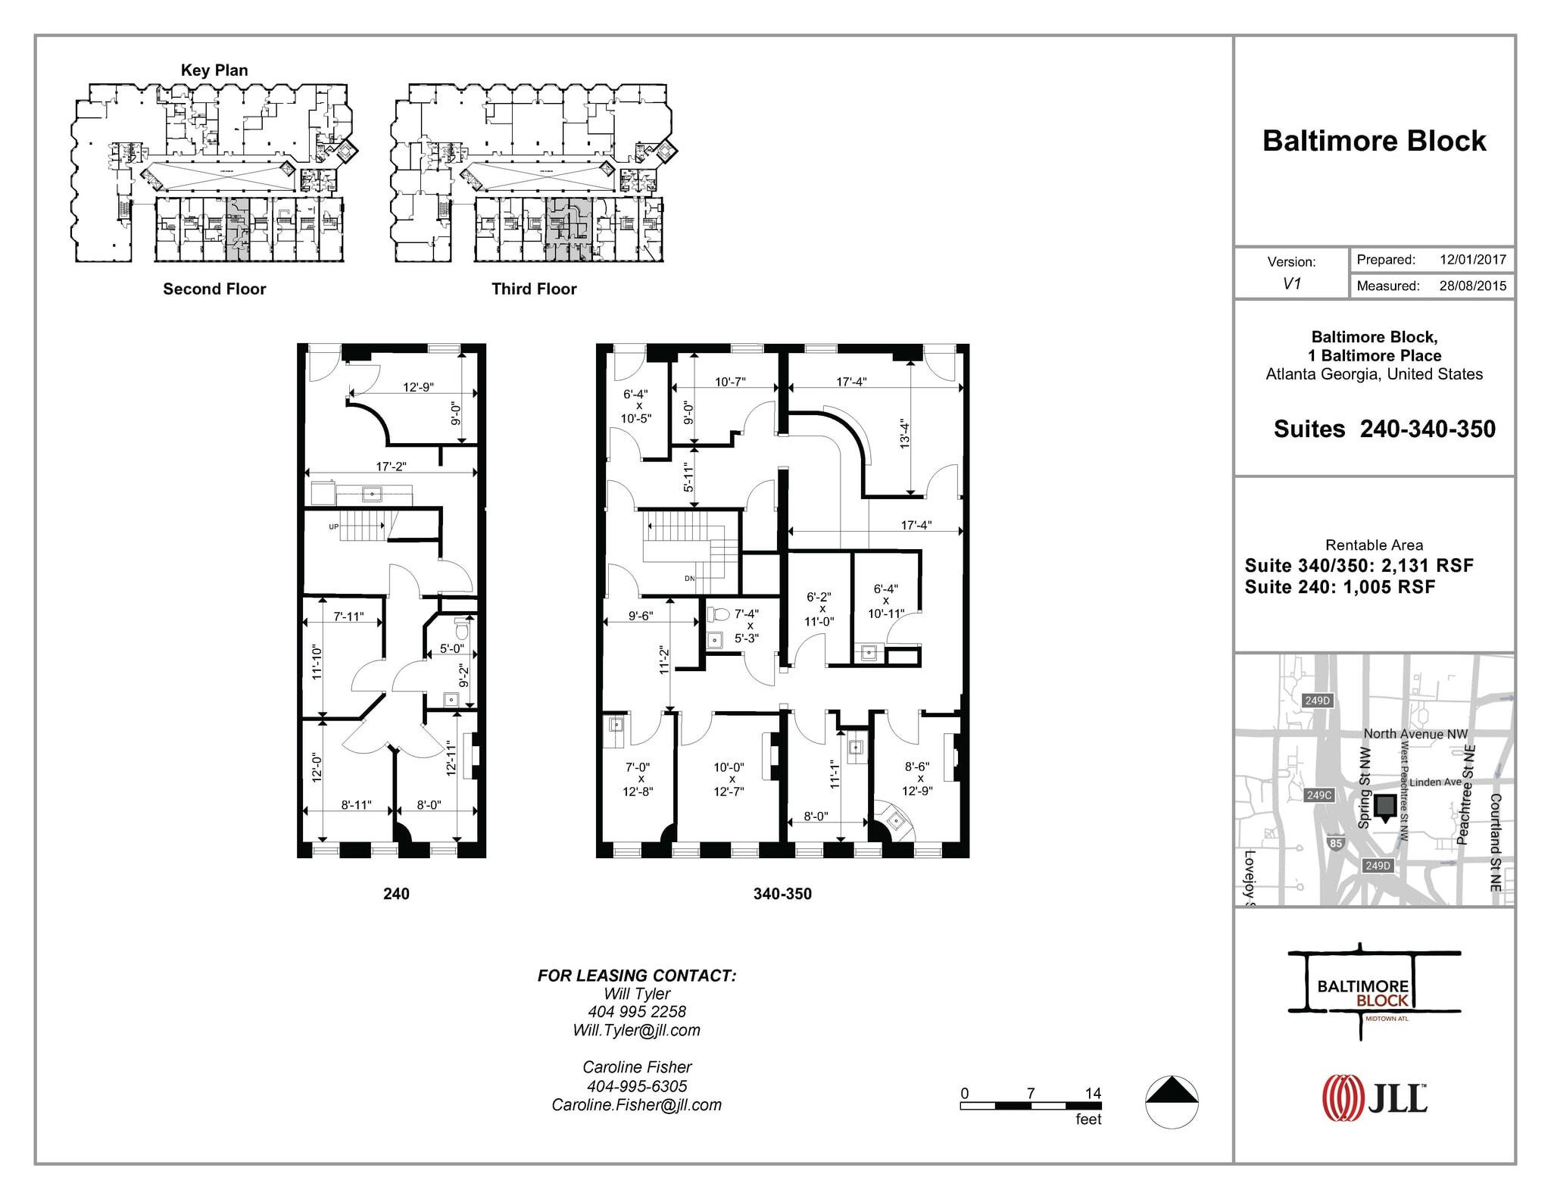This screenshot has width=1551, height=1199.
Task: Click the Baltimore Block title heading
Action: [x=1374, y=142]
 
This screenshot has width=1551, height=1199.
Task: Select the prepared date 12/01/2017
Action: [x=1472, y=260]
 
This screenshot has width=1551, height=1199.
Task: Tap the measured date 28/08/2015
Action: [x=1472, y=286]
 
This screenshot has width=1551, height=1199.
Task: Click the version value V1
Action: [x=1291, y=284]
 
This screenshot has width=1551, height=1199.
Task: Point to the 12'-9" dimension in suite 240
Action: [x=418, y=387]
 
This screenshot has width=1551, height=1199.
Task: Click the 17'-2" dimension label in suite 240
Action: [x=392, y=467]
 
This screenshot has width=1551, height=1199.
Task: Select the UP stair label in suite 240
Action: [x=333, y=526]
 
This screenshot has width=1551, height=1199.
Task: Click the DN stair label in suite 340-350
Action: [x=689, y=579]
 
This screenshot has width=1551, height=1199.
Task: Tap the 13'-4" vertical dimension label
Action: [x=904, y=433]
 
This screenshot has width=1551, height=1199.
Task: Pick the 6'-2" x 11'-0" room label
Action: [x=819, y=609]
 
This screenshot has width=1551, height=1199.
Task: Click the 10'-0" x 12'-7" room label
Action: [x=729, y=779]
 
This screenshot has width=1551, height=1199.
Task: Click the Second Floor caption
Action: [x=214, y=289]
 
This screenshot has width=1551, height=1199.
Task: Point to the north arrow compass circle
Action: [x=1171, y=1102]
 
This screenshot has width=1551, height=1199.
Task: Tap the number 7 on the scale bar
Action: [x=1031, y=1093]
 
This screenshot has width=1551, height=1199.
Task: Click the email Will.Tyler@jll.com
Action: [x=636, y=1030]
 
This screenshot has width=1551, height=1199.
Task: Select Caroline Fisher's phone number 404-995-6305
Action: [x=636, y=1086]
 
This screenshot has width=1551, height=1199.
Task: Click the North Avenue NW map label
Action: [x=1415, y=733]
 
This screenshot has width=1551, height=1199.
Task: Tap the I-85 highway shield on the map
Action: [x=1336, y=843]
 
